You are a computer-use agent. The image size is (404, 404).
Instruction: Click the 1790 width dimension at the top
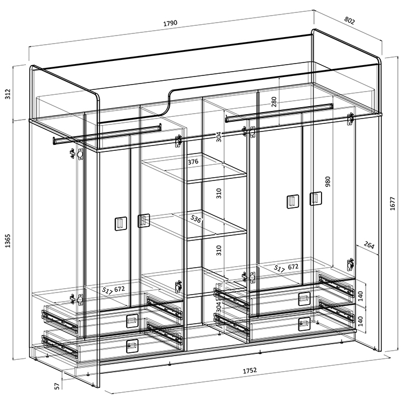pos(170,23)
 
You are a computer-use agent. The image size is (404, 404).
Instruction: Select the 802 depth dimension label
pos(350,20)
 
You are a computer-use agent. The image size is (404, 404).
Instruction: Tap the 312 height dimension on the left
pos(8,94)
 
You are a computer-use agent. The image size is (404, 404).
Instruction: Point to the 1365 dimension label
pos(8,241)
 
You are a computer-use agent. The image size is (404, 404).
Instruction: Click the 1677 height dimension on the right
pos(392,203)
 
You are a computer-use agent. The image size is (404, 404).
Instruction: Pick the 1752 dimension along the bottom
pos(250,370)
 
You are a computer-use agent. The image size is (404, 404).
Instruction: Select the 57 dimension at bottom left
pos(57,386)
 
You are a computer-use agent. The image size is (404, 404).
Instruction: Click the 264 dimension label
pos(369,245)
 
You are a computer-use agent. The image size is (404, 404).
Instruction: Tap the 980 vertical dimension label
pos(328,182)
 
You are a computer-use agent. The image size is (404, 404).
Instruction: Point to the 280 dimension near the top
pos(274,102)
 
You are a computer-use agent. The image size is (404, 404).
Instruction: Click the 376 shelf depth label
pos(193,162)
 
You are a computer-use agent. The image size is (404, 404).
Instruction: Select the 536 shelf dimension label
pos(196,219)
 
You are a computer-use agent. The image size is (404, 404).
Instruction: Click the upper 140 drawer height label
pos(360,296)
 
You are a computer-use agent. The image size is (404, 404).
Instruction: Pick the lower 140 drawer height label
pos(360,322)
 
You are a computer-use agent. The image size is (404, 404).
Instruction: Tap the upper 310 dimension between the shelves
pos(219,193)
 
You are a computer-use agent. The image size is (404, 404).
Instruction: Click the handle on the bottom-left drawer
pos(132,346)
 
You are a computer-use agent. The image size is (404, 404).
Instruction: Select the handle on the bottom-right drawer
pos(304,324)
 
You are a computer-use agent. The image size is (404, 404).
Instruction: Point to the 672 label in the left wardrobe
pos(120,289)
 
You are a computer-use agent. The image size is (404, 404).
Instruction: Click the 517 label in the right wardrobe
pos(279,269)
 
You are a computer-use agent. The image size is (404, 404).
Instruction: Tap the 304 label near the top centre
pos(219,137)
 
